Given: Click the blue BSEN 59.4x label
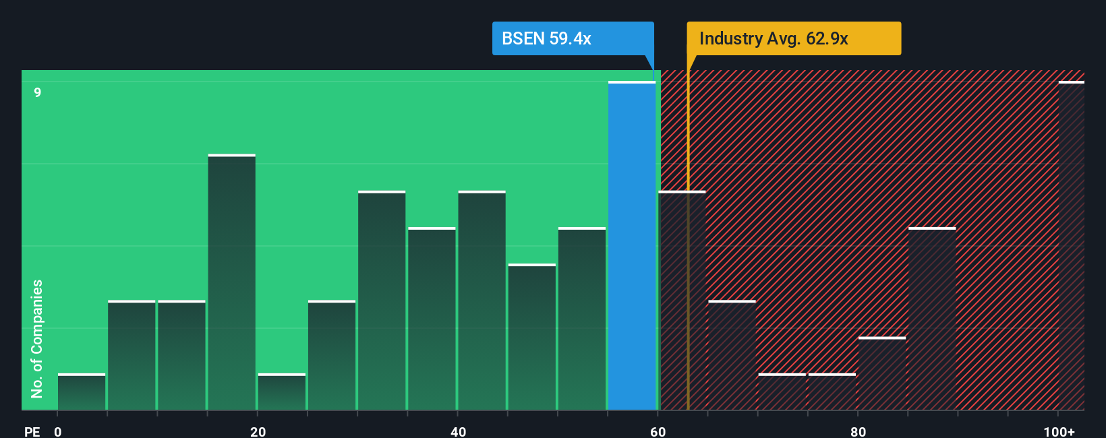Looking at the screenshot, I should (573, 38).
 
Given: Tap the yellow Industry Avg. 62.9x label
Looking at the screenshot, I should (793, 38).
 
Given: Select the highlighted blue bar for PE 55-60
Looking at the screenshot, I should (631, 246).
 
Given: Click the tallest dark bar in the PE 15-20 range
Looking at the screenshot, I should (231, 283).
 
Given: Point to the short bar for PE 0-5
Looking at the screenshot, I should (82, 392).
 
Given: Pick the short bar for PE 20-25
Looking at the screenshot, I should (281, 392).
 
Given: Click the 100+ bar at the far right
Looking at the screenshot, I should (1071, 246).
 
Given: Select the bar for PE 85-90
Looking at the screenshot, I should (931, 319).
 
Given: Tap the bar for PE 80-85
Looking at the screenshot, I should (881, 373).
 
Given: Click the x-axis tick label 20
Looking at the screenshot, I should (258, 431).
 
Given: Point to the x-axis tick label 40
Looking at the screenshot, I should (458, 431).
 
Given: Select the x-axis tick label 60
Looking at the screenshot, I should (658, 431).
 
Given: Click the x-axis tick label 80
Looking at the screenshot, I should (858, 431).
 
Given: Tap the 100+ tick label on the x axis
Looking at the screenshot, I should (1059, 431).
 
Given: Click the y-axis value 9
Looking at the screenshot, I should (38, 92).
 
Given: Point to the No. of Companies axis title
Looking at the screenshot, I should (36, 338).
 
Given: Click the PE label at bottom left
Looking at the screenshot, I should (32, 431).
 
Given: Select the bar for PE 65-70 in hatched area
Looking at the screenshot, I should (732, 355).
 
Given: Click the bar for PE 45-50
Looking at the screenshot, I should (531, 337).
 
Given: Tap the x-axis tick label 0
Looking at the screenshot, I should (58, 431).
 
